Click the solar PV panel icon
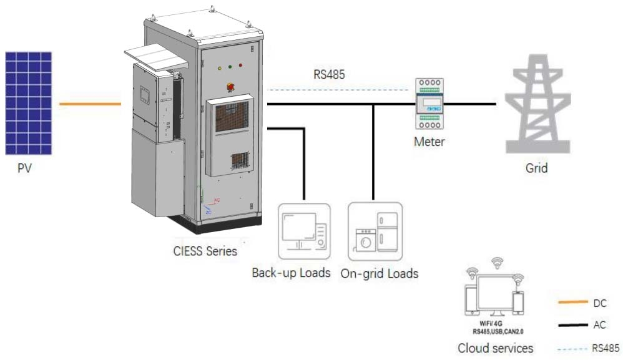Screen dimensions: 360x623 pyautogui.click(x=29, y=103)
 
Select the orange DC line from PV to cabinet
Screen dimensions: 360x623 pyautogui.click(x=89, y=104)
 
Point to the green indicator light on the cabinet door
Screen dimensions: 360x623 pyautogui.click(x=230, y=66)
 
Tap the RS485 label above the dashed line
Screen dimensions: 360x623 pyautogui.click(x=329, y=75)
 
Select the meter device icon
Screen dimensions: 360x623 pyautogui.click(x=429, y=104)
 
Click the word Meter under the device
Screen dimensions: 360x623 pyautogui.click(x=429, y=142)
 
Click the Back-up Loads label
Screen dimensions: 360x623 pyautogui.click(x=291, y=273)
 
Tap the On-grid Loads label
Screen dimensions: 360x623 pyautogui.click(x=380, y=273)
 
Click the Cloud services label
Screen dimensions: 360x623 pyautogui.click(x=495, y=348)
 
